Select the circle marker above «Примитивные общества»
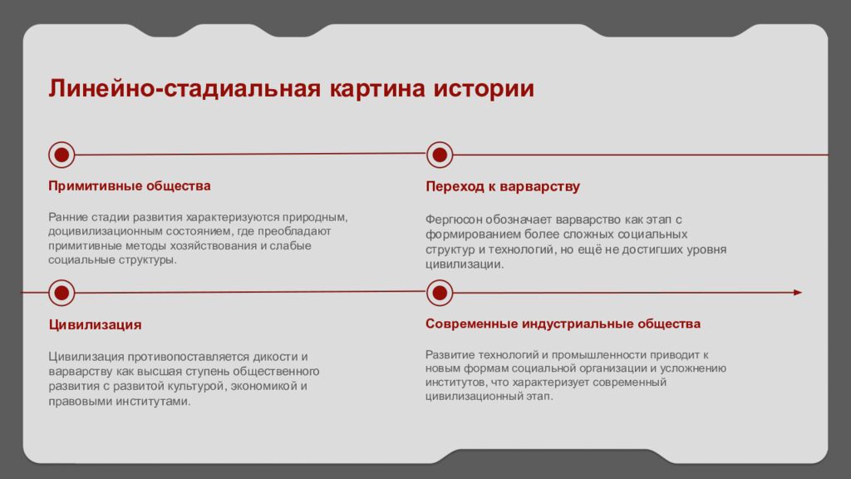61,154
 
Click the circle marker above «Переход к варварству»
439,154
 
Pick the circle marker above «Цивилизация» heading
61,292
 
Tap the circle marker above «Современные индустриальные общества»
439,292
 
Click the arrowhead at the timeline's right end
797,292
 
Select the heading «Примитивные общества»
129,185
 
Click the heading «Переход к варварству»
502,186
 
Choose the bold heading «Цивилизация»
95,324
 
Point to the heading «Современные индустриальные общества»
563,323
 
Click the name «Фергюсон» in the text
453,220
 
